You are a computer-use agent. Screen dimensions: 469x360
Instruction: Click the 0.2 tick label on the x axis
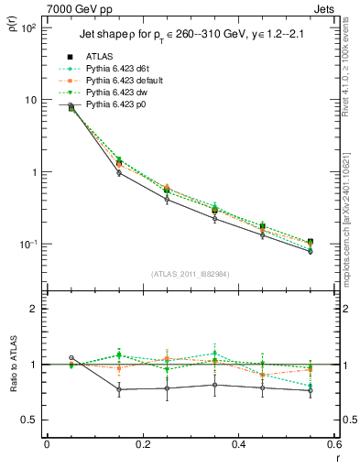click(142, 444)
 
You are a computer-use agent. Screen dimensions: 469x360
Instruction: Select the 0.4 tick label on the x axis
click(238, 444)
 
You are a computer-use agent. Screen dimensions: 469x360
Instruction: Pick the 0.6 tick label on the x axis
click(333, 444)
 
